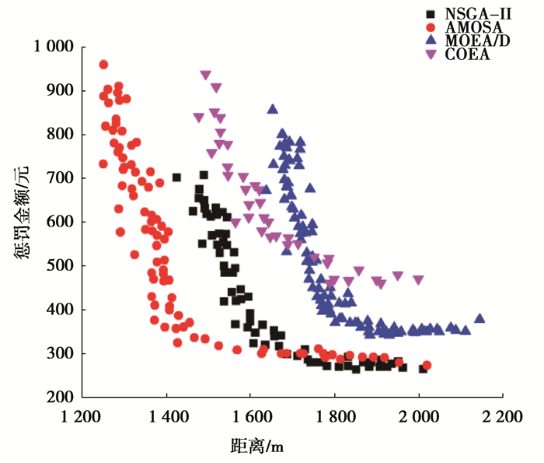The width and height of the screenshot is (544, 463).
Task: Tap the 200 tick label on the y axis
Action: (61, 398)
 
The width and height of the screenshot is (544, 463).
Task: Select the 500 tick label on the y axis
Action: (61, 266)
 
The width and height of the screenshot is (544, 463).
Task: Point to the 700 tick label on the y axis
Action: (61, 179)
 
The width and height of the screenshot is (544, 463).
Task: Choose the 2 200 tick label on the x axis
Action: (502, 417)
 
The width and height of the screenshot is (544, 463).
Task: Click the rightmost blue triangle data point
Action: (479, 318)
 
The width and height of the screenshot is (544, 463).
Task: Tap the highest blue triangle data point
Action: (273, 110)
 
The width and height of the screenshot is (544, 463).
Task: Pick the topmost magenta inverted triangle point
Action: (206, 75)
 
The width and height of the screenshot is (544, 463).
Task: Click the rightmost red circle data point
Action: (426, 365)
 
